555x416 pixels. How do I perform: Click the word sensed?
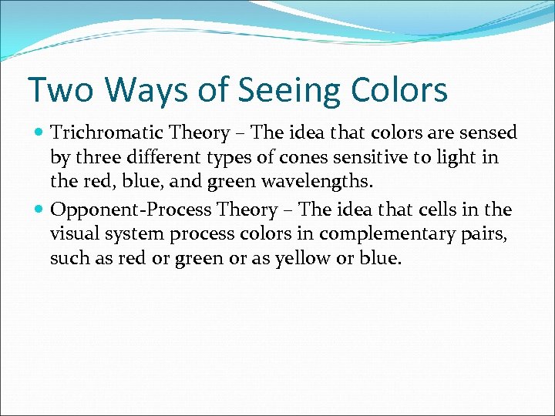pos(489,133)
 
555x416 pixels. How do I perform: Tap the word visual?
pos(73,234)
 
